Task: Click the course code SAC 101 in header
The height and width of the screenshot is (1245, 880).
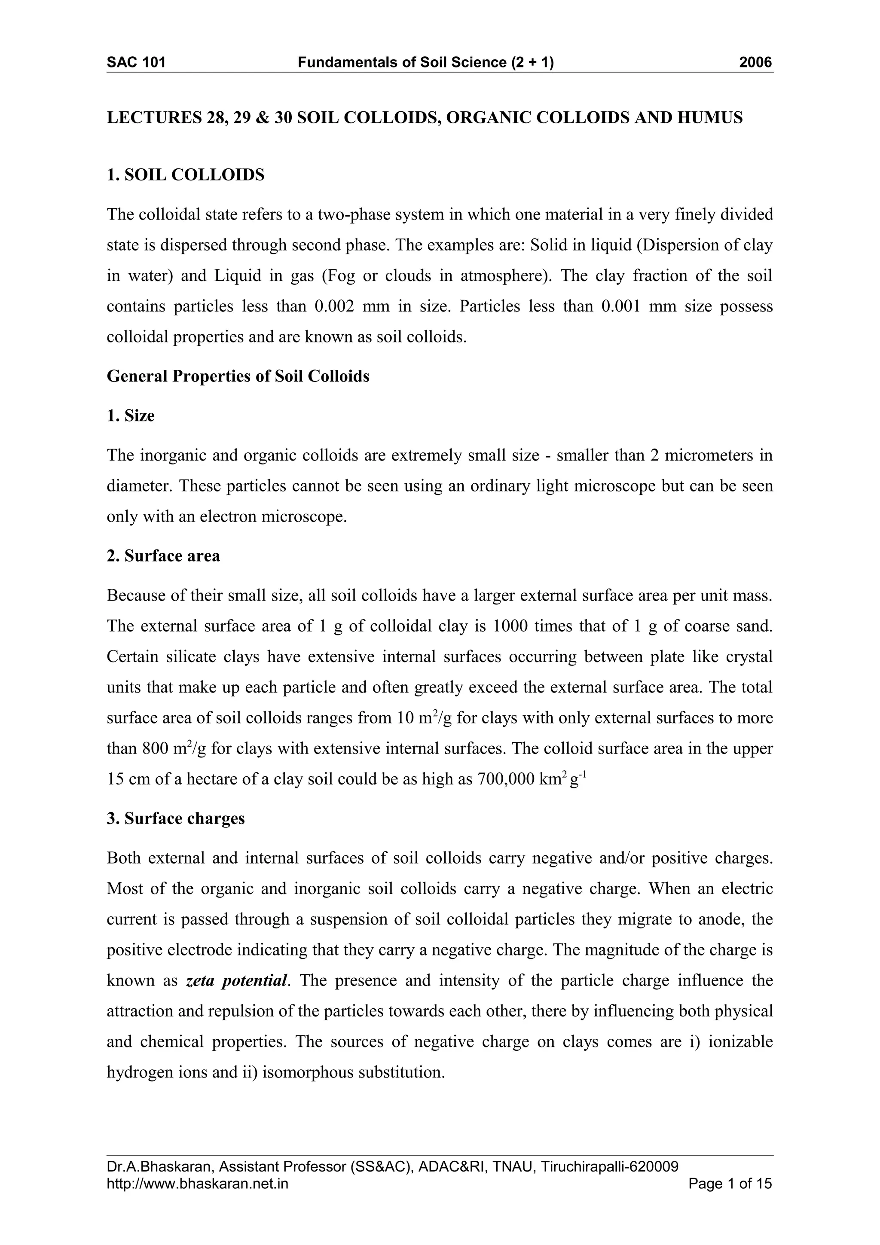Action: tap(136, 63)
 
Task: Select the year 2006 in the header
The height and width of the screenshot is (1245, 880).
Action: tap(755, 63)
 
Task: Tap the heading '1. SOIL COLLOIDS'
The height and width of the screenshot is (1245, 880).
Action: tap(186, 175)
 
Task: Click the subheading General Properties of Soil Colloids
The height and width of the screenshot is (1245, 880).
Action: tap(238, 376)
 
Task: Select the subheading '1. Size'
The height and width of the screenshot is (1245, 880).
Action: tap(131, 416)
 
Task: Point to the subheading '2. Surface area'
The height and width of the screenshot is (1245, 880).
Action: tap(163, 556)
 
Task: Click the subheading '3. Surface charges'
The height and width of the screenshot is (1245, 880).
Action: tap(176, 818)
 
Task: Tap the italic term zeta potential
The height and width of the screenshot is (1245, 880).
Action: tap(236, 980)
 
